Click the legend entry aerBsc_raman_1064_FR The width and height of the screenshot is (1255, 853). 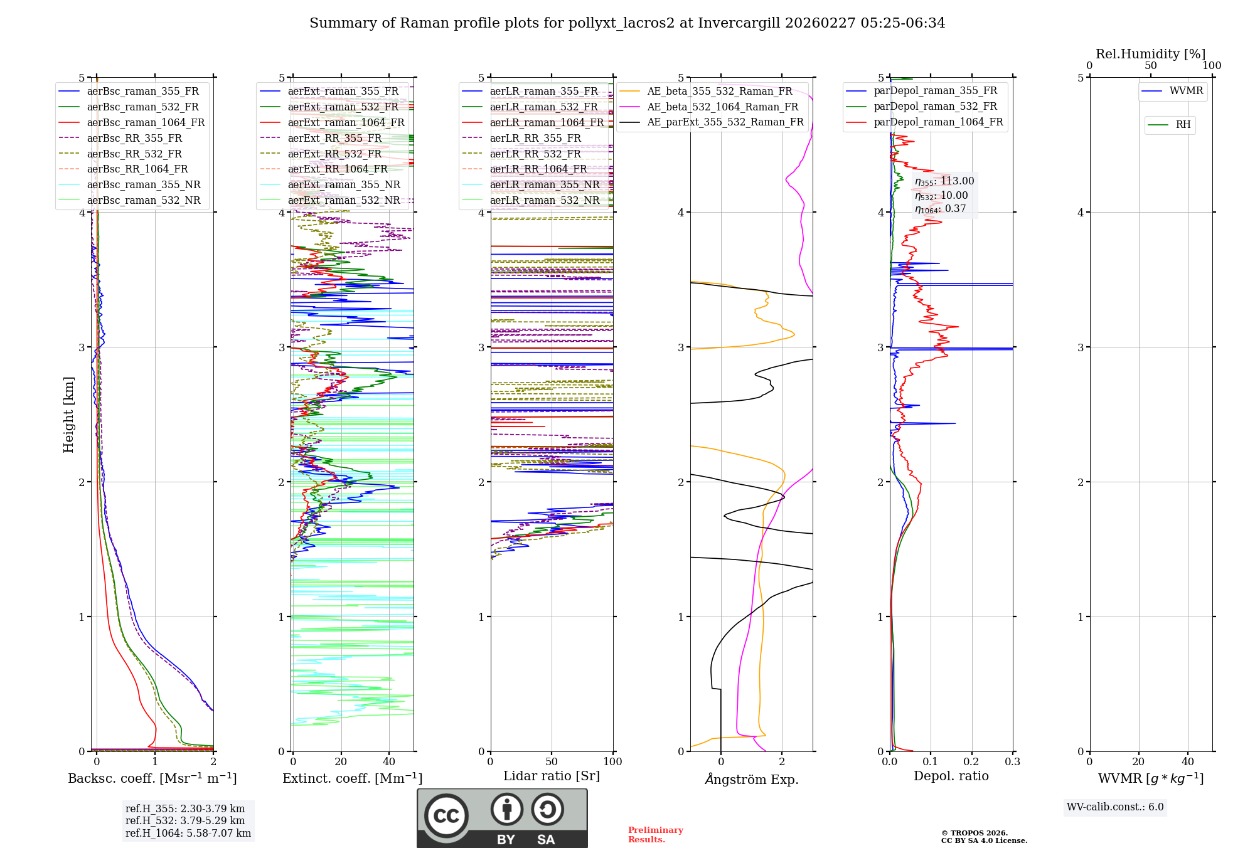[x=146, y=123]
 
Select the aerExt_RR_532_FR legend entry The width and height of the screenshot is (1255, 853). [x=334, y=154]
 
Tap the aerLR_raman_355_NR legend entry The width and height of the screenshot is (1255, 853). [x=544, y=184]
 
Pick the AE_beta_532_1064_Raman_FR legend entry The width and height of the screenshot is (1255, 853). [x=722, y=107]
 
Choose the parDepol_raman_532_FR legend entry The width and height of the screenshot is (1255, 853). [x=935, y=107]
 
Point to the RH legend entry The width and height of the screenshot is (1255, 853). [x=1183, y=125]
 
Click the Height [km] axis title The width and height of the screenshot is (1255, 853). [x=68, y=415]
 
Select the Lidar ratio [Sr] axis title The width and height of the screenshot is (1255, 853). [x=551, y=776]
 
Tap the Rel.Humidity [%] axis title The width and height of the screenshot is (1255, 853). [x=1150, y=54]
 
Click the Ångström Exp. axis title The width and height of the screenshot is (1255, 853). [x=751, y=780]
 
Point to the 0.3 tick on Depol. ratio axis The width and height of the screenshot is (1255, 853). [x=1012, y=762]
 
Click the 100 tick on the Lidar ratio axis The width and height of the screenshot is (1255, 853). [x=612, y=762]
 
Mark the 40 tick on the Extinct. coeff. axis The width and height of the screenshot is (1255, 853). [x=389, y=762]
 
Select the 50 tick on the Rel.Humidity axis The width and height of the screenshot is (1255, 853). [x=1150, y=66]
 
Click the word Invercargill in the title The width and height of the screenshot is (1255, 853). [x=739, y=23]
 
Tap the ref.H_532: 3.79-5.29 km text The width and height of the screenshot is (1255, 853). [x=185, y=820]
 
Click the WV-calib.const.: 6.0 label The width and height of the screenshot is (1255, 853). [x=1115, y=807]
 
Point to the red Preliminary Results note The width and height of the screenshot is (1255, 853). [x=655, y=835]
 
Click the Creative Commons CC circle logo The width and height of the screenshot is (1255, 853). [x=446, y=816]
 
